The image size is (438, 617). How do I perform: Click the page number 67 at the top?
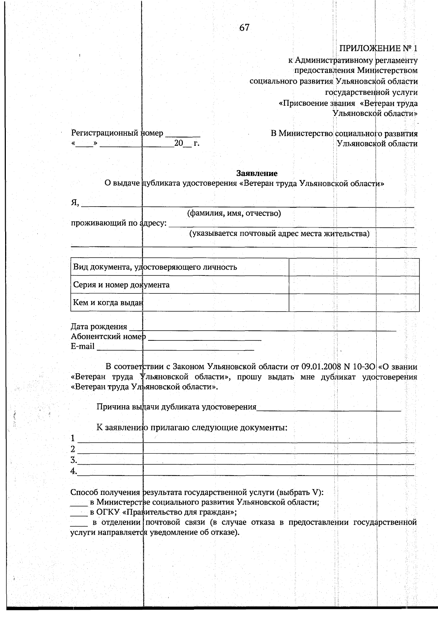[x=244, y=28]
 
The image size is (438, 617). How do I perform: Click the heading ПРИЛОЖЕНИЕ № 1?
[x=378, y=48]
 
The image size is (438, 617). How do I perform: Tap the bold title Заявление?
[x=257, y=173]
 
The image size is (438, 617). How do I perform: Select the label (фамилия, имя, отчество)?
[x=234, y=213]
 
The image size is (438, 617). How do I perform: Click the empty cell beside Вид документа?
[x=354, y=267]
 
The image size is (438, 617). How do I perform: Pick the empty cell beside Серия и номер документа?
[x=354, y=285]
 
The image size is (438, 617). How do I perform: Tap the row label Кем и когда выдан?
[x=108, y=302]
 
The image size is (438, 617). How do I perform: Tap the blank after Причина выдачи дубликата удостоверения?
[x=328, y=408]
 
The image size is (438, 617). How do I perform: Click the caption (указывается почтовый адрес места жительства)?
[x=279, y=234]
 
